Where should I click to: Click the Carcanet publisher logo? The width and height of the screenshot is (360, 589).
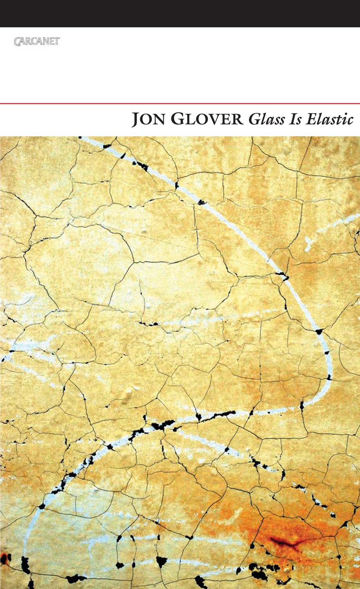click(x=36, y=41)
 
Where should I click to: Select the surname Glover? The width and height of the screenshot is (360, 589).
click(x=207, y=119)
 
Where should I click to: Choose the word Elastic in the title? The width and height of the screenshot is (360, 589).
click(x=330, y=119)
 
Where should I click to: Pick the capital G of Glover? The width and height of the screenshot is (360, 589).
click(x=178, y=119)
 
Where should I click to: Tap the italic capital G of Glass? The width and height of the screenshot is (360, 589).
click(x=255, y=119)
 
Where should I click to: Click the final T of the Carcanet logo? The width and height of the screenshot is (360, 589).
click(x=57, y=41)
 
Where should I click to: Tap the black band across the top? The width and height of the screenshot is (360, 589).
click(x=180, y=13)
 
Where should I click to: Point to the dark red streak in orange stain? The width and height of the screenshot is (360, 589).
click(x=284, y=542)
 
